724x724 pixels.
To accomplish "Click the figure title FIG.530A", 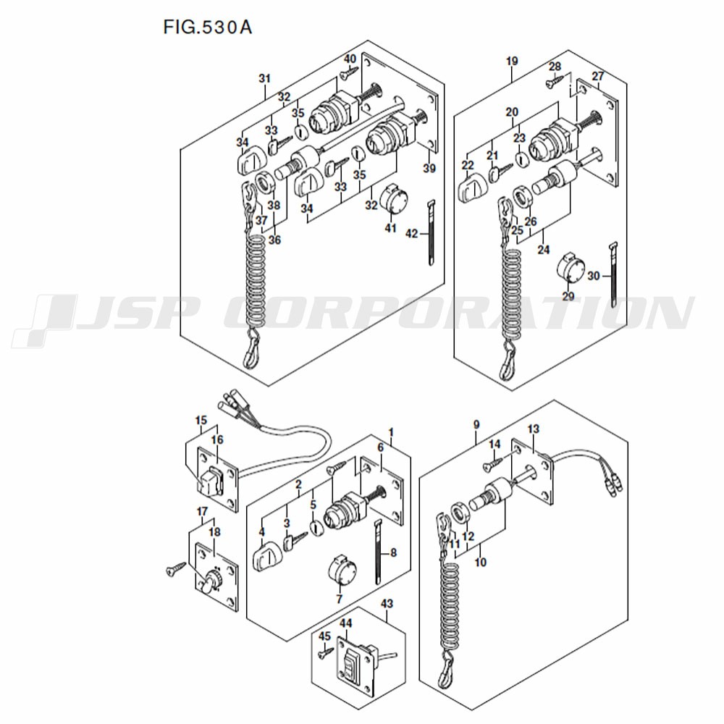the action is [207, 28].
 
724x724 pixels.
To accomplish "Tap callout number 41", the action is [391, 227].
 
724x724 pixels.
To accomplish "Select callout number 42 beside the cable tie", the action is [411, 234].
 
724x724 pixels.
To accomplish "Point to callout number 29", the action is [568, 296].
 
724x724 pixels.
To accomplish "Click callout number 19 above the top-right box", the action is [512, 61].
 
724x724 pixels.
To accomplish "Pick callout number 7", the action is [340, 599].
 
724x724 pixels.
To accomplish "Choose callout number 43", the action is [387, 604].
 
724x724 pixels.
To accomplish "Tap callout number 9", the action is [476, 425].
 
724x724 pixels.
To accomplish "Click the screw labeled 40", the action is [349, 72].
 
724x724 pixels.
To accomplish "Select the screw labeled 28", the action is [555, 82].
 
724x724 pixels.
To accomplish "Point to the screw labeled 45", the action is [326, 652].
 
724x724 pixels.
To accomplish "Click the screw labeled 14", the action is [492, 465].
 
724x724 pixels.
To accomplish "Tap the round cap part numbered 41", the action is [393, 200].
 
